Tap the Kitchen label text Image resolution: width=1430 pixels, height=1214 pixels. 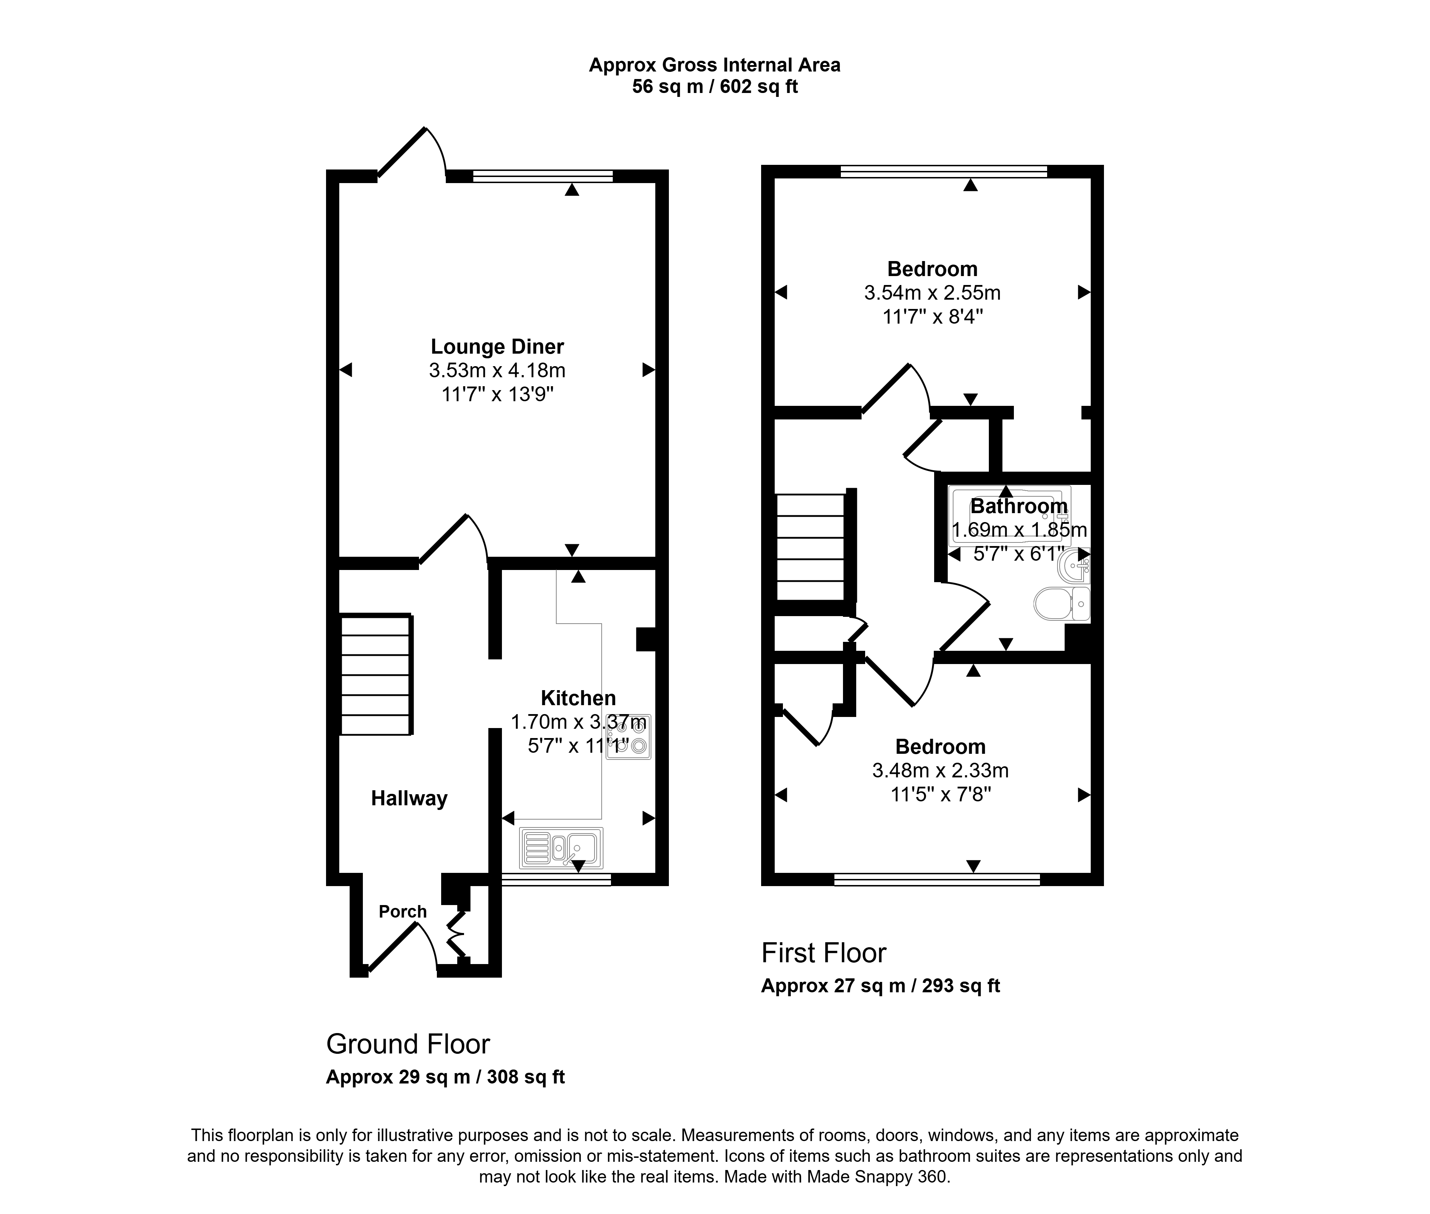point(578,698)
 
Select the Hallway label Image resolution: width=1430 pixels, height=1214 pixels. point(409,798)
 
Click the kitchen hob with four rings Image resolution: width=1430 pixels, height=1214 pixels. point(628,736)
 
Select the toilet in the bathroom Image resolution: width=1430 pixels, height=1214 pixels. point(1062,604)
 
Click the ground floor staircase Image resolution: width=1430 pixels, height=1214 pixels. point(376,674)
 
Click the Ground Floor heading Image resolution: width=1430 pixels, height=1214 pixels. point(408,1044)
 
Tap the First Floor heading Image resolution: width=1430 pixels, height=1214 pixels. point(824,953)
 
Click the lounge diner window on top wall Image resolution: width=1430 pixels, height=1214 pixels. point(543,176)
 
